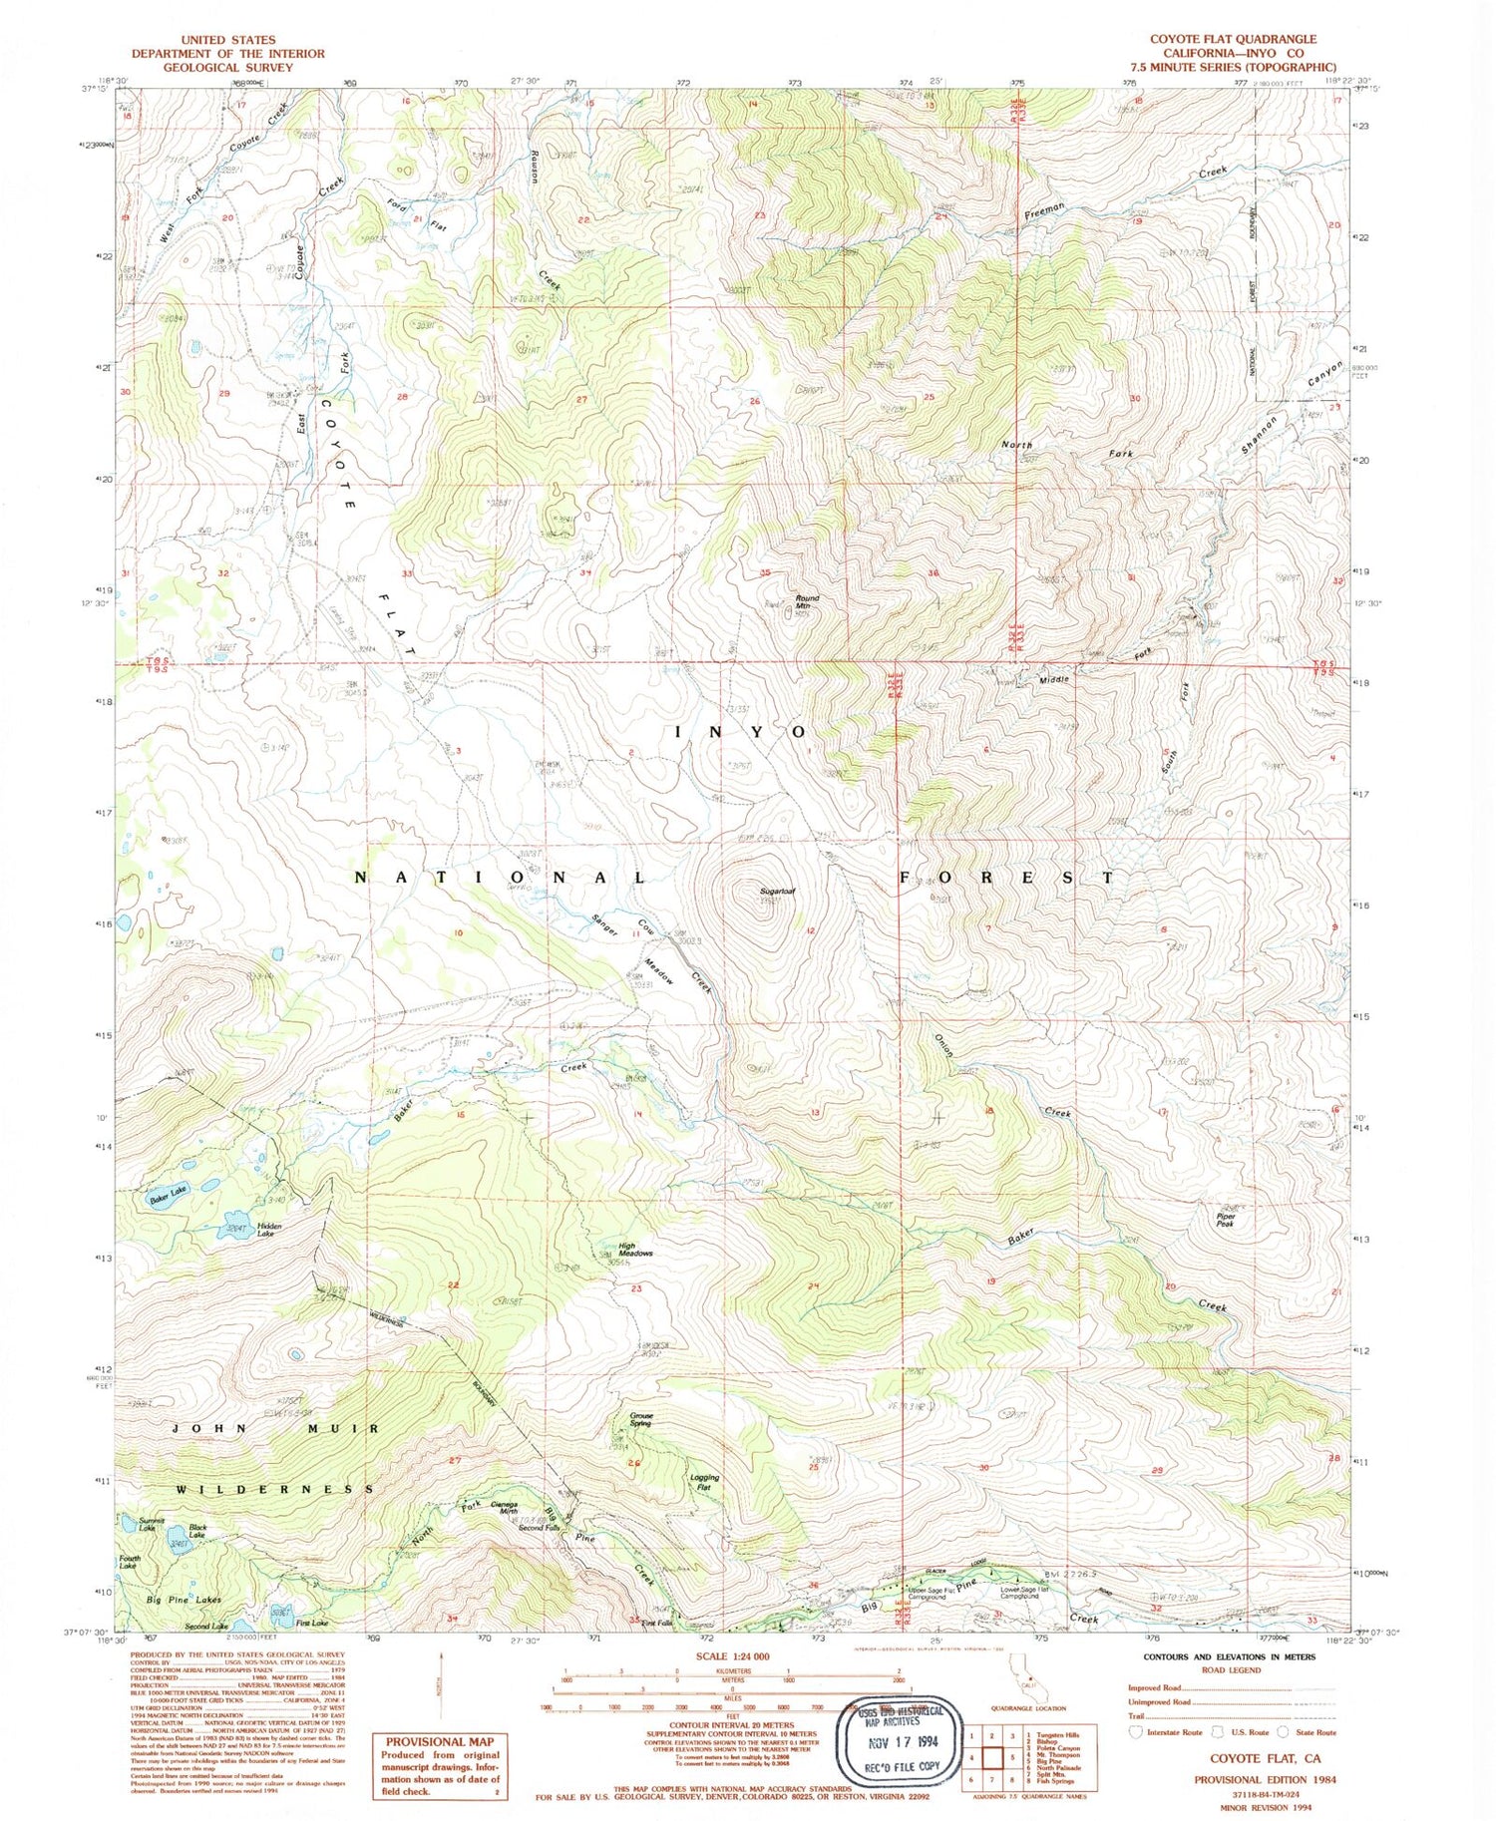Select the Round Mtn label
point(807,602)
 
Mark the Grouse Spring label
point(640,1419)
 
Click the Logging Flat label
point(704,1482)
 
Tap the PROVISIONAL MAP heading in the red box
point(438,1742)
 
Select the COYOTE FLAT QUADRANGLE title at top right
point(1233,39)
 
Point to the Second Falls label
point(539,1528)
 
